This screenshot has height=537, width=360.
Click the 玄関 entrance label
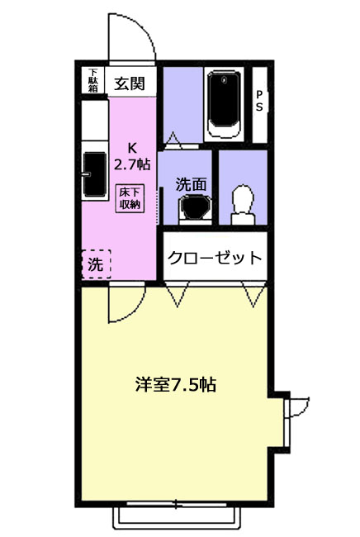130,83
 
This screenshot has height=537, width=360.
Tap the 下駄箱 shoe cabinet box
92,80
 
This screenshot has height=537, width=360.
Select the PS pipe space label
259,101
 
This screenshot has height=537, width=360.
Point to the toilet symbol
243,205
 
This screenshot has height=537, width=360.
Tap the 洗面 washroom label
191,184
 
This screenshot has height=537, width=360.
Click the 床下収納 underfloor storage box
130,198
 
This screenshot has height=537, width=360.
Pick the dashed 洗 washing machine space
96,264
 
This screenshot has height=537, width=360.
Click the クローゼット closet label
215,258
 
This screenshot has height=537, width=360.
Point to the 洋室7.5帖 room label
176,385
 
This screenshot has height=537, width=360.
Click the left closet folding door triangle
177,294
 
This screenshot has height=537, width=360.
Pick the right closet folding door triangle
253,294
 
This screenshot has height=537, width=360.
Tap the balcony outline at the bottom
177,518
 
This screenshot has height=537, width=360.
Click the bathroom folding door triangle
173,140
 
